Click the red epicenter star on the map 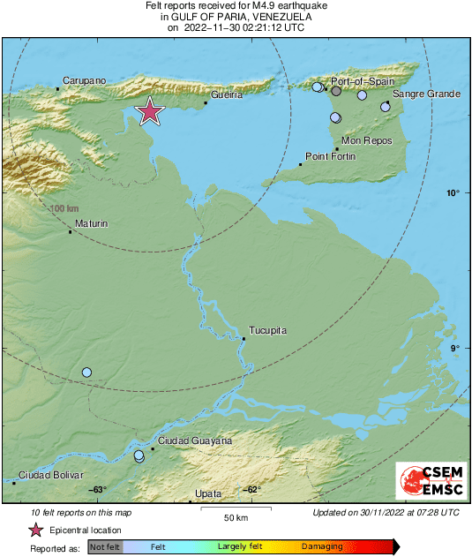(x=151, y=111)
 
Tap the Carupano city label (x=85, y=80)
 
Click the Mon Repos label (x=366, y=140)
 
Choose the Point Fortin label (x=330, y=156)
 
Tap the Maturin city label (x=92, y=224)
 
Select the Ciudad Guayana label (x=195, y=440)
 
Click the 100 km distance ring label (x=64, y=208)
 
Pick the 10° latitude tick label (x=453, y=192)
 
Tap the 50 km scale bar (x=234, y=510)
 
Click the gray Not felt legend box (x=105, y=547)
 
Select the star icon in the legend (x=35, y=531)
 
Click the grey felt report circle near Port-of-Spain (x=336, y=91)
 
